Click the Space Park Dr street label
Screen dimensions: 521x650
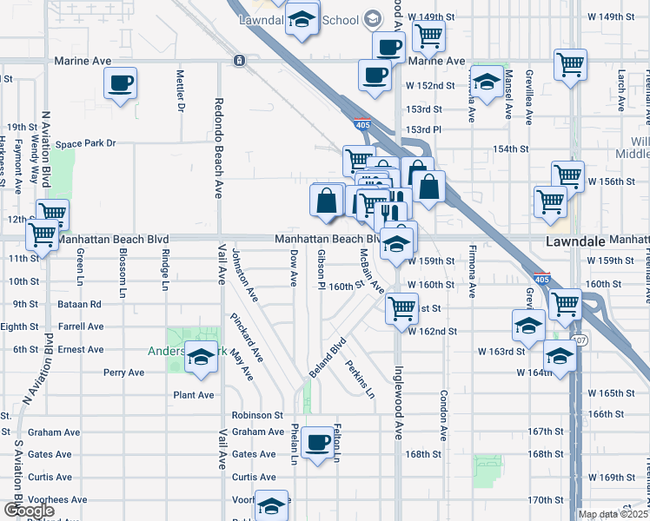pyautogui.click(x=85, y=143)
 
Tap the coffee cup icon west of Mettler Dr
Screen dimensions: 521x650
pyautogui.click(x=120, y=83)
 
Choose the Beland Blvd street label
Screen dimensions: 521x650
pyautogui.click(x=327, y=357)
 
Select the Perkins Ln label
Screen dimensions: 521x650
pyautogui.click(x=360, y=379)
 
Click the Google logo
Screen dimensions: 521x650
pyautogui.click(x=29, y=511)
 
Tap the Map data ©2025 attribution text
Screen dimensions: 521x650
pyautogui.click(x=613, y=514)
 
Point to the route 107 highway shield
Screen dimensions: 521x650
pyautogui.click(x=580, y=340)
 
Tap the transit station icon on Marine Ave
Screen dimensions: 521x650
pyautogui.click(x=238, y=60)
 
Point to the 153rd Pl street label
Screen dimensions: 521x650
pyautogui.click(x=424, y=129)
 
